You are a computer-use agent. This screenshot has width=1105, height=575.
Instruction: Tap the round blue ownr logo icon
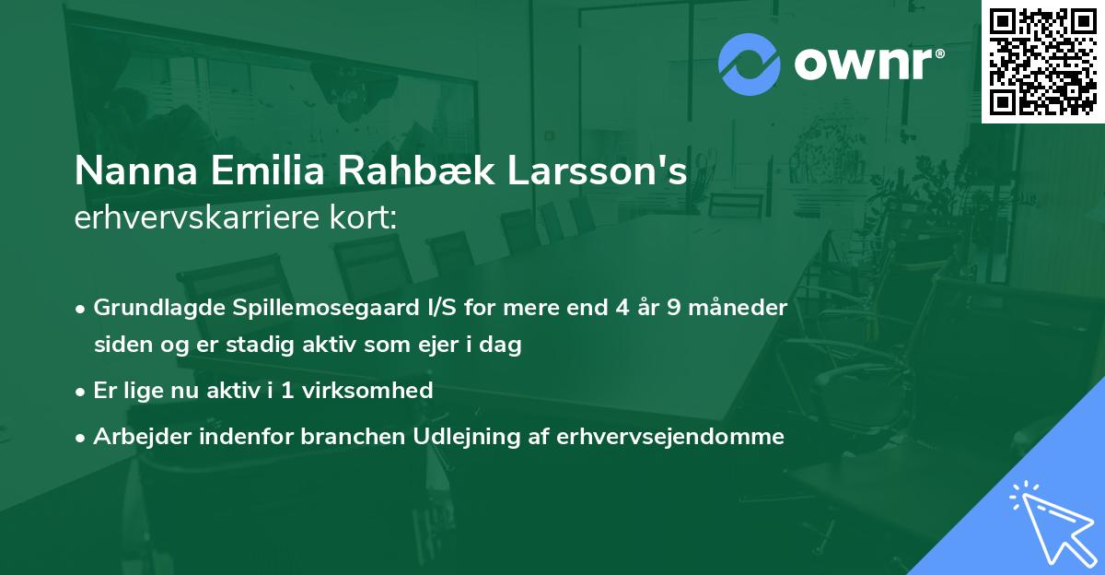tap(749, 65)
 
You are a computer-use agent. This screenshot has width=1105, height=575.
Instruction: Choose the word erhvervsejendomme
tap(671, 437)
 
